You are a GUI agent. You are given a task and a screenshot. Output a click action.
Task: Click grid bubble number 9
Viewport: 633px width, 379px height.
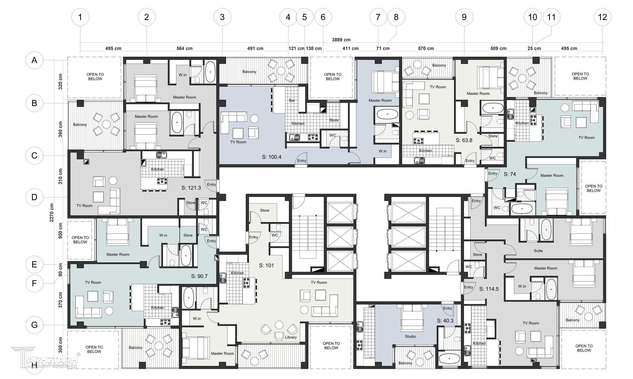464,17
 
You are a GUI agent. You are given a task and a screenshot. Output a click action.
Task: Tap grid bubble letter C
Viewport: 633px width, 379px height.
34,155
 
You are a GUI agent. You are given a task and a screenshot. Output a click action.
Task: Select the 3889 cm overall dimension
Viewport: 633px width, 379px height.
341,40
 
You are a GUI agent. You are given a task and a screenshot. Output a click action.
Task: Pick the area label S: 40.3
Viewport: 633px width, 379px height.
445,321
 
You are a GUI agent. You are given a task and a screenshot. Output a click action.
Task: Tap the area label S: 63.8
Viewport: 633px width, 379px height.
464,140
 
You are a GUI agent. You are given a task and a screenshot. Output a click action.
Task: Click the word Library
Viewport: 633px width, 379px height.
291,337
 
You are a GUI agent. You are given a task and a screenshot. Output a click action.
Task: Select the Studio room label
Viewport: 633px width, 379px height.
410,337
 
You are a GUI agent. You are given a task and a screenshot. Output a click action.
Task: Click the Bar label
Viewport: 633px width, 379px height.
292,100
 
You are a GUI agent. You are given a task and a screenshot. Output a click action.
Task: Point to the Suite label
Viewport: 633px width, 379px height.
538,251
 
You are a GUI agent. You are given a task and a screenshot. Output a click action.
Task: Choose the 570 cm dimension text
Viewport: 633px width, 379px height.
426,48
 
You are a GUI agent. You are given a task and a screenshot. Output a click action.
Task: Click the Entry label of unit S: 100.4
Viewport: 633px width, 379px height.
302,161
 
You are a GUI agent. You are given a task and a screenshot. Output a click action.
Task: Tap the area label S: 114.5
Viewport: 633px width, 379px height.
489,289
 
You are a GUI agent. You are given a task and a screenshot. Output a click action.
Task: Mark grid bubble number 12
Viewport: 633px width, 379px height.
602,17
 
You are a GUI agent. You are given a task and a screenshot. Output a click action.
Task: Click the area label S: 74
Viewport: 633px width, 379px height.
510,174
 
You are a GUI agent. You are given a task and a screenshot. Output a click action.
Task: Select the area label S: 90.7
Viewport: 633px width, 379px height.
199,276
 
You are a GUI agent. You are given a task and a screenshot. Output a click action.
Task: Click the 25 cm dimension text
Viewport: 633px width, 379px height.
534,48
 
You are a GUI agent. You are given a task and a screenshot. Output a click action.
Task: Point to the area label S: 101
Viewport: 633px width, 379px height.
267,265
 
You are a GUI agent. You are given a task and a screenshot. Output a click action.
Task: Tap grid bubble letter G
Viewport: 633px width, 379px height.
34,325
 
